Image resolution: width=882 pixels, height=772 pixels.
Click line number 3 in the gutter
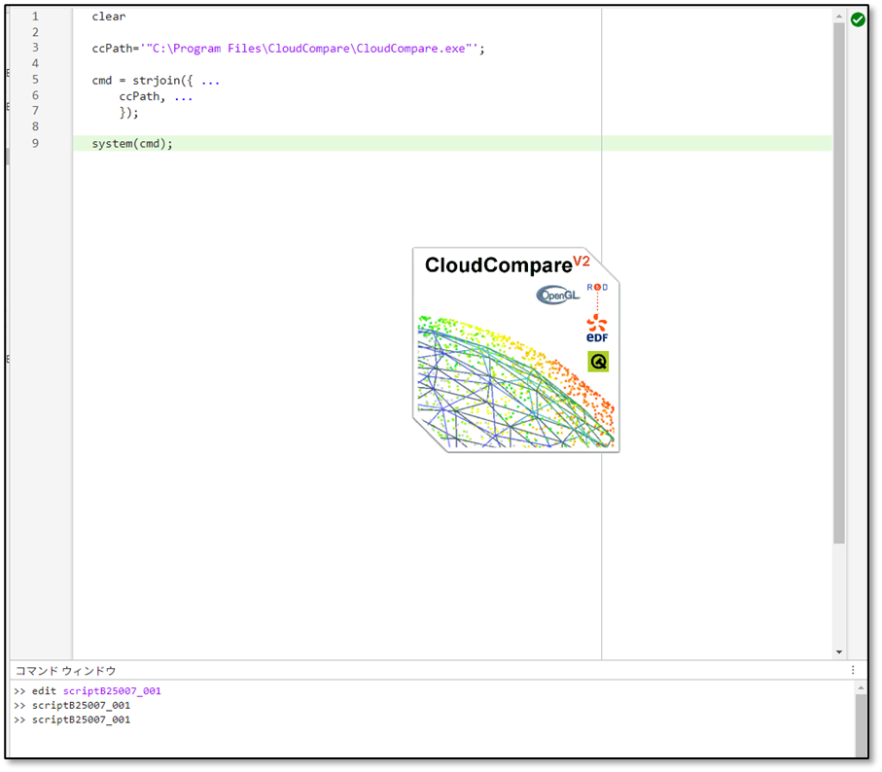[35, 48]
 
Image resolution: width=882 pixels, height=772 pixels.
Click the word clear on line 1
[109, 17]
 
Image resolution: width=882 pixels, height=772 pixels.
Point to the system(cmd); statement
[132, 144]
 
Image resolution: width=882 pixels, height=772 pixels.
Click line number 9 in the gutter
[35, 144]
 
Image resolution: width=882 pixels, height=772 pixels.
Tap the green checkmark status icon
[858, 19]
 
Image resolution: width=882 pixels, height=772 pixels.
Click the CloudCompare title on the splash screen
[497, 265]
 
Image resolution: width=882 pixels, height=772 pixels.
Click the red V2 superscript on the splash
[582, 261]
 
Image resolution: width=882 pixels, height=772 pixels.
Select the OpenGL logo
[558, 295]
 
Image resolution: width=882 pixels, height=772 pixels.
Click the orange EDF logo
[597, 329]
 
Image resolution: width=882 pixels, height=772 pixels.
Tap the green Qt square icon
[598, 362]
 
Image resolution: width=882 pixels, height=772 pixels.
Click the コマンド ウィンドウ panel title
[65, 671]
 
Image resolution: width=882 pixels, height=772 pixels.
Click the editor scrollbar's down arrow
[839, 652]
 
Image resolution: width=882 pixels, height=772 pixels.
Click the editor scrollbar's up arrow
[839, 17]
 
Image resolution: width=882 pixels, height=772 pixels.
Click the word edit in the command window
[45, 691]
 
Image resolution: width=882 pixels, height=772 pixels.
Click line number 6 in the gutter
[35, 96]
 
